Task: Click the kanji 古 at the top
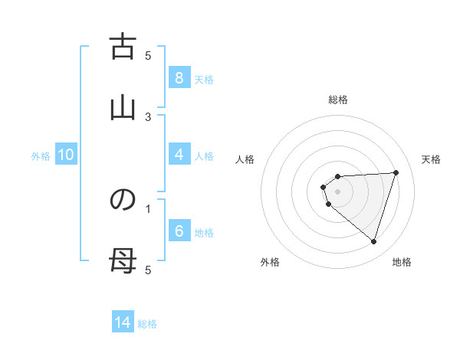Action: pyautogui.click(x=123, y=47)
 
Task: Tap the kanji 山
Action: pyautogui.click(x=123, y=108)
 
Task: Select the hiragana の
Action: pyautogui.click(x=123, y=200)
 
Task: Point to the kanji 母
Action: pyautogui.click(x=123, y=261)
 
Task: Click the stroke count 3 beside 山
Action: pyautogui.click(x=149, y=116)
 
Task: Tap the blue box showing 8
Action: pyautogui.click(x=179, y=78)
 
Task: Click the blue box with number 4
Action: pyautogui.click(x=179, y=155)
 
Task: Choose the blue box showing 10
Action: pyautogui.click(x=65, y=155)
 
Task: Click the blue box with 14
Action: pyautogui.click(x=123, y=322)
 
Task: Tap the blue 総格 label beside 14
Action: pyautogui.click(x=147, y=324)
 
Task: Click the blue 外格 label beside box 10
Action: pyautogui.click(x=41, y=156)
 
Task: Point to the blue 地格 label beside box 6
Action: pyautogui.click(x=204, y=233)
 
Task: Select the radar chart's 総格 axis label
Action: pyautogui.click(x=337, y=100)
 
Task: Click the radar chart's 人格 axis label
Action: pyautogui.click(x=245, y=159)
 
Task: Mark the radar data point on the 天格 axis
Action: pyautogui.click(x=396, y=172)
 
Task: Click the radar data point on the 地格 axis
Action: pyautogui.click(x=373, y=241)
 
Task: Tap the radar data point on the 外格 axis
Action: pyautogui.click(x=329, y=205)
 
